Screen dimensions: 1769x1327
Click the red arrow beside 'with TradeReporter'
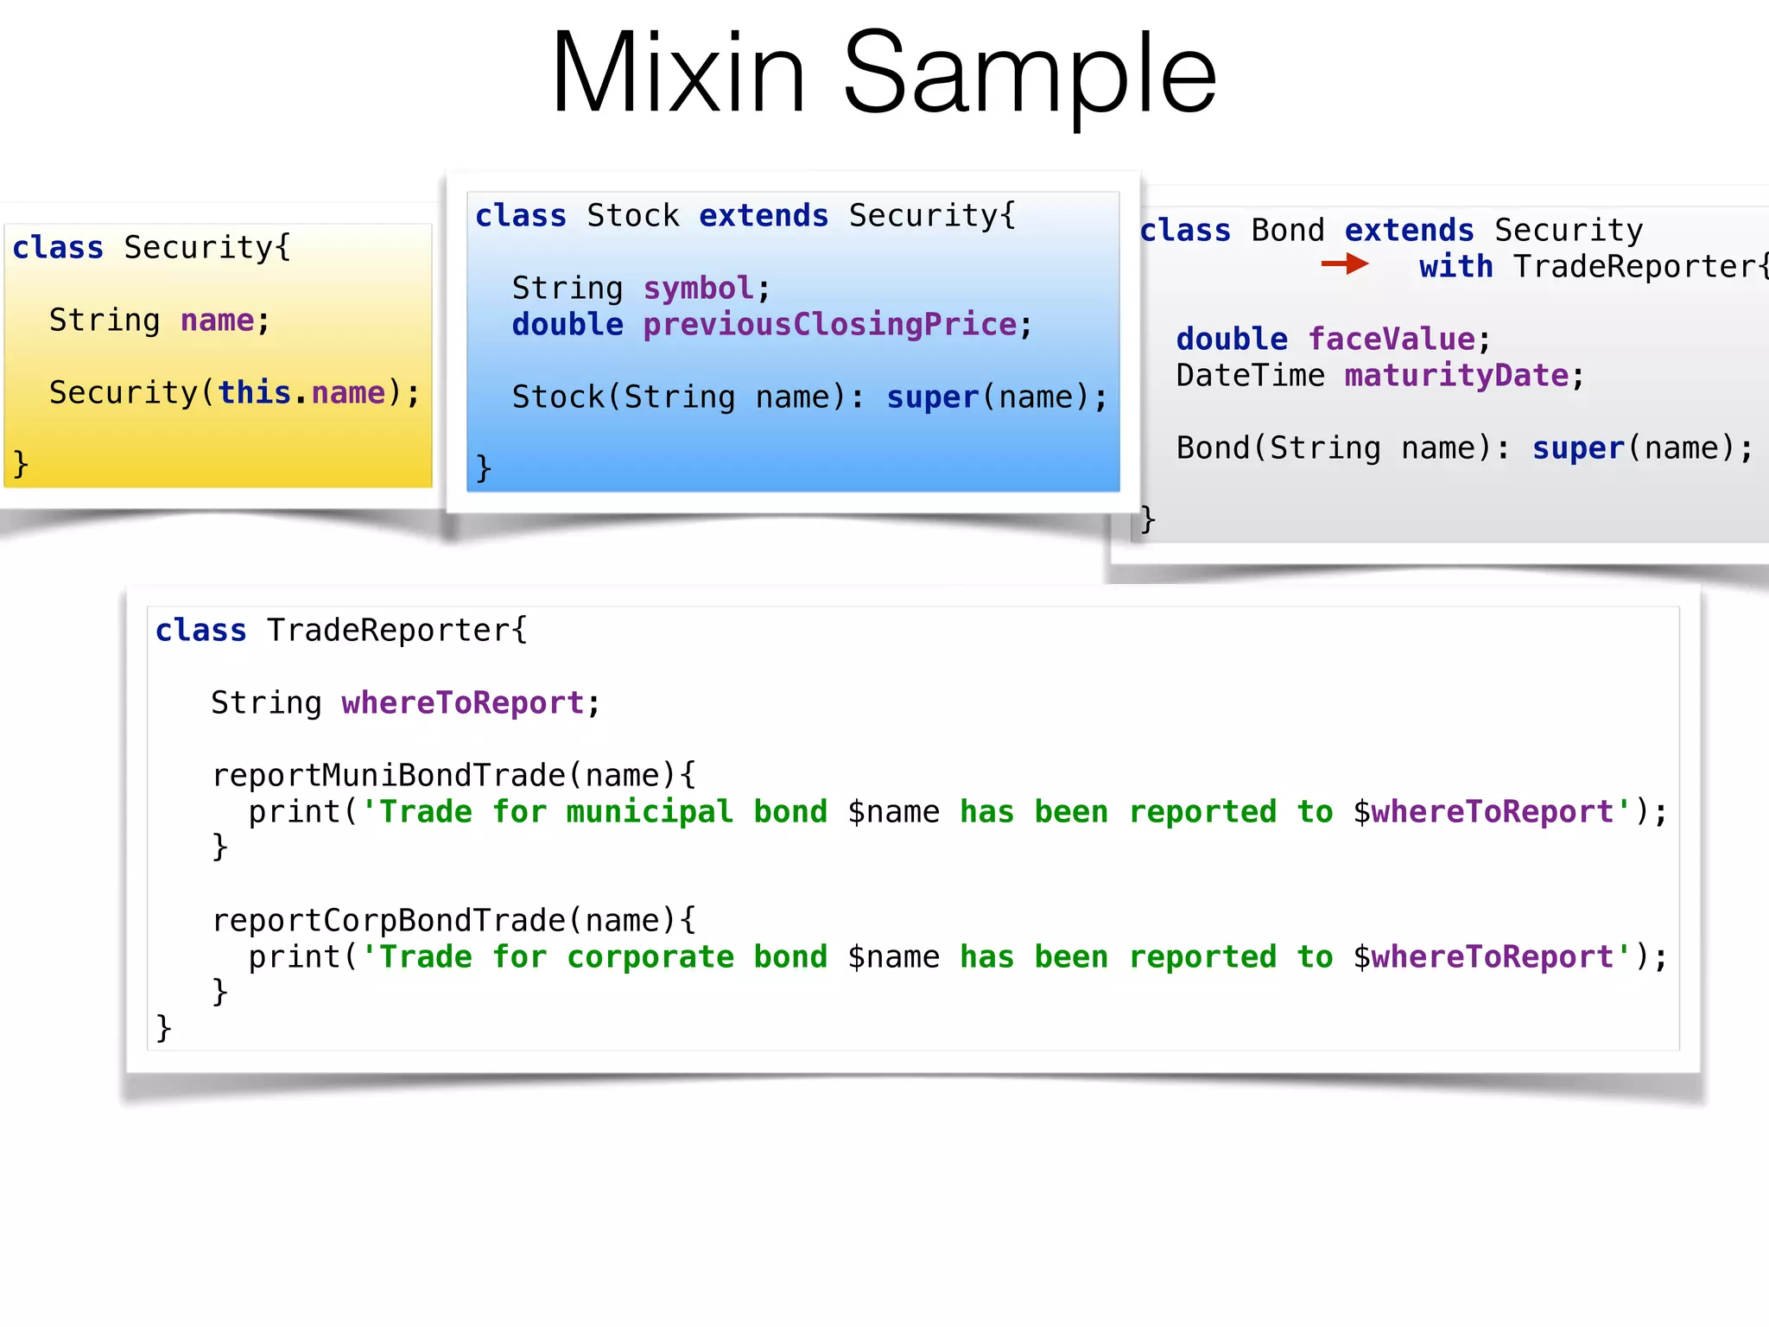[x=1344, y=263]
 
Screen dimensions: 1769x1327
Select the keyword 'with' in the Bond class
[x=1455, y=266]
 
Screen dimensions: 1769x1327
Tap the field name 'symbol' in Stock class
[x=698, y=288]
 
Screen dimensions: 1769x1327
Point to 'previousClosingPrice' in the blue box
[x=829, y=324]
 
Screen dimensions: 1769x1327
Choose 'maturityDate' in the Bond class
[x=1456, y=375]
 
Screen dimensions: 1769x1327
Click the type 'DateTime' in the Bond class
[x=1250, y=375]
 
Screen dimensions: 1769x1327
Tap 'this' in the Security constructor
[x=254, y=392]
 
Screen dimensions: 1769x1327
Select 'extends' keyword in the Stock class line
[x=764, y=215]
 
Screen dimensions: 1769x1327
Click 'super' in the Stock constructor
[x=932, y=397]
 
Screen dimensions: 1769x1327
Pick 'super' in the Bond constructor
[x=1578, y=448]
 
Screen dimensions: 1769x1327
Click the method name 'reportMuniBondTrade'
[x=389, y=775]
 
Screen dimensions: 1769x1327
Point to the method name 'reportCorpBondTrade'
[x=389, y=920]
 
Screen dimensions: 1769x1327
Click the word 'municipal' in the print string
[x=649, y=811]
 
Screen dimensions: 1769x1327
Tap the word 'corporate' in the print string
[x=650, y=956]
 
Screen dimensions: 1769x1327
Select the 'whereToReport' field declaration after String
[x=463, y=702]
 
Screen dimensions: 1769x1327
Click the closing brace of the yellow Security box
[x=21, y=464]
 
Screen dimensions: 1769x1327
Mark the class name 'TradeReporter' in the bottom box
[x=389, y=630]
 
